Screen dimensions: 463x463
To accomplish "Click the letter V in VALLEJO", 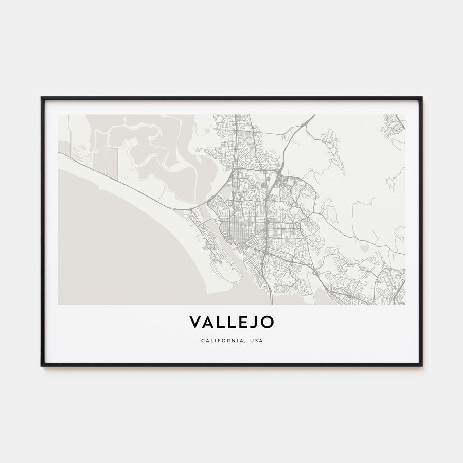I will pyautogui.click(x=195, y=322).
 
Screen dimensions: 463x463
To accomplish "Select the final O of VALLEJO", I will pyautogui.click(x=267, y=322).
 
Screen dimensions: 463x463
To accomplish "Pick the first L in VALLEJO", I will pyautogui.click(x=219, y=322).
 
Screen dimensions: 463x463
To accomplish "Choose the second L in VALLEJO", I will pyautogui.click(x=229, y=322).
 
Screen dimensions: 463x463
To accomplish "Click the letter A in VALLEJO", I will pyautogui.click(x=207, y=322).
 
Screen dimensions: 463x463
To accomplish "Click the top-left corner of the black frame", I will pyautogui.click(x=42, y=97).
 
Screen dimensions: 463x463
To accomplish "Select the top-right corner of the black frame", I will pyautogui.click(x=421, y=97).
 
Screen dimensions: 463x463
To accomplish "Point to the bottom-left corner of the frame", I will pyautogui.click(x=42, y=365).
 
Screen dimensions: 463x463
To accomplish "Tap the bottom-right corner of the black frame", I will pyautogui.click(x=421, y=365).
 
